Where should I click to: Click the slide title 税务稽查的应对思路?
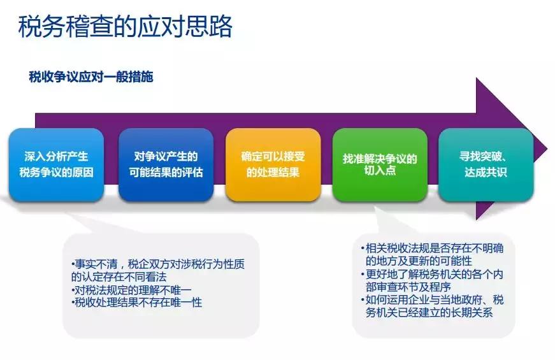pyautogui.click(x=125, y=27)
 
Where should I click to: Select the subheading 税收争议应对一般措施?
pyautogui.click(x=90, y=76)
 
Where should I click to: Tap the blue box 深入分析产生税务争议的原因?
pyautogui.click(x=57, y=164)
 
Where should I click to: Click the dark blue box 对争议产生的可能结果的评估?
pyautogui.click(x=166, y=164)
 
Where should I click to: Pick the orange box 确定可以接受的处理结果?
pyautogui.click(x=272, y=164)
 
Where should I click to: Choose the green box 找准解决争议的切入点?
pyautogui.click(x=380, y=164)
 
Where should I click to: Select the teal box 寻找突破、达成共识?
pyautogui.click(x=486, y=164)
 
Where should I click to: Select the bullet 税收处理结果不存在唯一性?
pyautogui.click(x=137, y=303)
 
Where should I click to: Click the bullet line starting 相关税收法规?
pyautogui.click(x=433, y=248)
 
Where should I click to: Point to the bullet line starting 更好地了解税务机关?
pyautogui.click(x=433, y=275)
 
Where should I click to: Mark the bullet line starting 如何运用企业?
pyautogui.click(x=433, y=301)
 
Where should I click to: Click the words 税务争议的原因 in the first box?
pyautogui.click(x=57, y=172)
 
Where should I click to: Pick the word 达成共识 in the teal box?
pyautogui.click(x=486, y=172)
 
